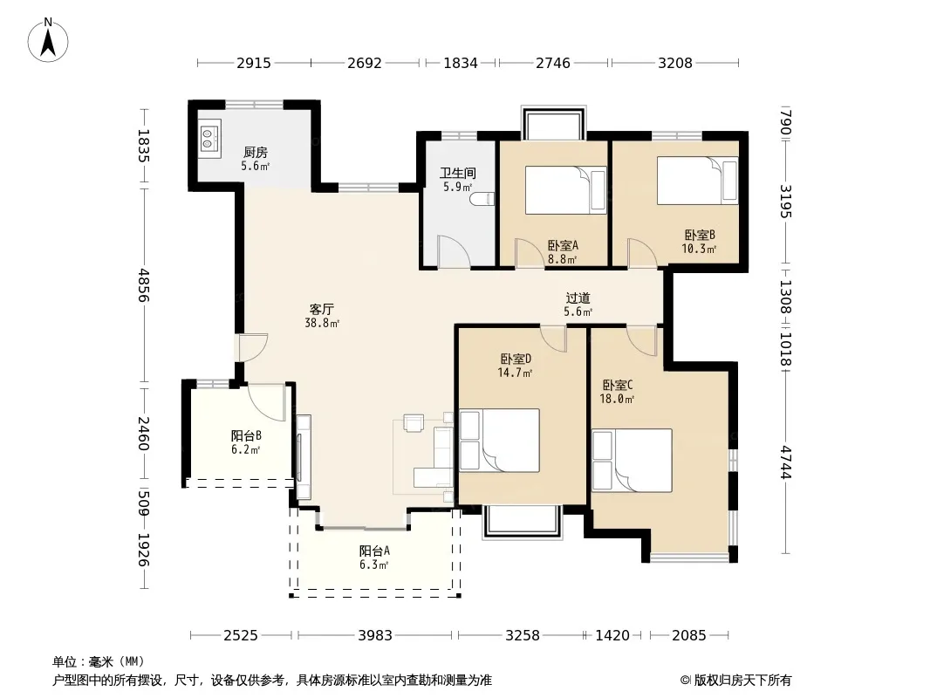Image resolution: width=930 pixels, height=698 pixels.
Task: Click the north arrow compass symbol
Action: [x=48, y=40]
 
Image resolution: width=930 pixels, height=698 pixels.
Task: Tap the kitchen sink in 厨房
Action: [x=209, y=139]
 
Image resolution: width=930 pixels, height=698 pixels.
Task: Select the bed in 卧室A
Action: [x=565, y=190]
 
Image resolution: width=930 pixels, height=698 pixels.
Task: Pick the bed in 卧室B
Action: [x=698, y=181]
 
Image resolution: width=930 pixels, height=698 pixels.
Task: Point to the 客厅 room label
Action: [x=321, y=309]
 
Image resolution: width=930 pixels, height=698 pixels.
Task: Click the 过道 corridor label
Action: [x=578, y=298]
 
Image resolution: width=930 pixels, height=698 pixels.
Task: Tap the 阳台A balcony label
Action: [x=374, y=551]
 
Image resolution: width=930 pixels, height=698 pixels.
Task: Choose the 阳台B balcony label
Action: [x=246, y=436]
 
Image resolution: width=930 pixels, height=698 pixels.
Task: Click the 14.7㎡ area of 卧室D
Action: [x=514, y=373]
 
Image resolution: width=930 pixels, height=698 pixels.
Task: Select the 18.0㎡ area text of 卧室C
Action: [x=617, y=399]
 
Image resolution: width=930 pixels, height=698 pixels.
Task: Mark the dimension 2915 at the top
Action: [x=254, y=63]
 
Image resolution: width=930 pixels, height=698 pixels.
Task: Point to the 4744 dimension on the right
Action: [x=786, y=462]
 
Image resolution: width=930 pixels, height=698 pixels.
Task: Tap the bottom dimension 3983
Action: [x=375, y=636]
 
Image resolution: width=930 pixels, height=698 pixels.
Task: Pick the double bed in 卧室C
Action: [x=632, y=460]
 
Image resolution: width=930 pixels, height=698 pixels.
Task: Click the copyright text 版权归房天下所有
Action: [x=742, y=681]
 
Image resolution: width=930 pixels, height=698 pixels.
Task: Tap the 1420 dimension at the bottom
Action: [x=612, y=636]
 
